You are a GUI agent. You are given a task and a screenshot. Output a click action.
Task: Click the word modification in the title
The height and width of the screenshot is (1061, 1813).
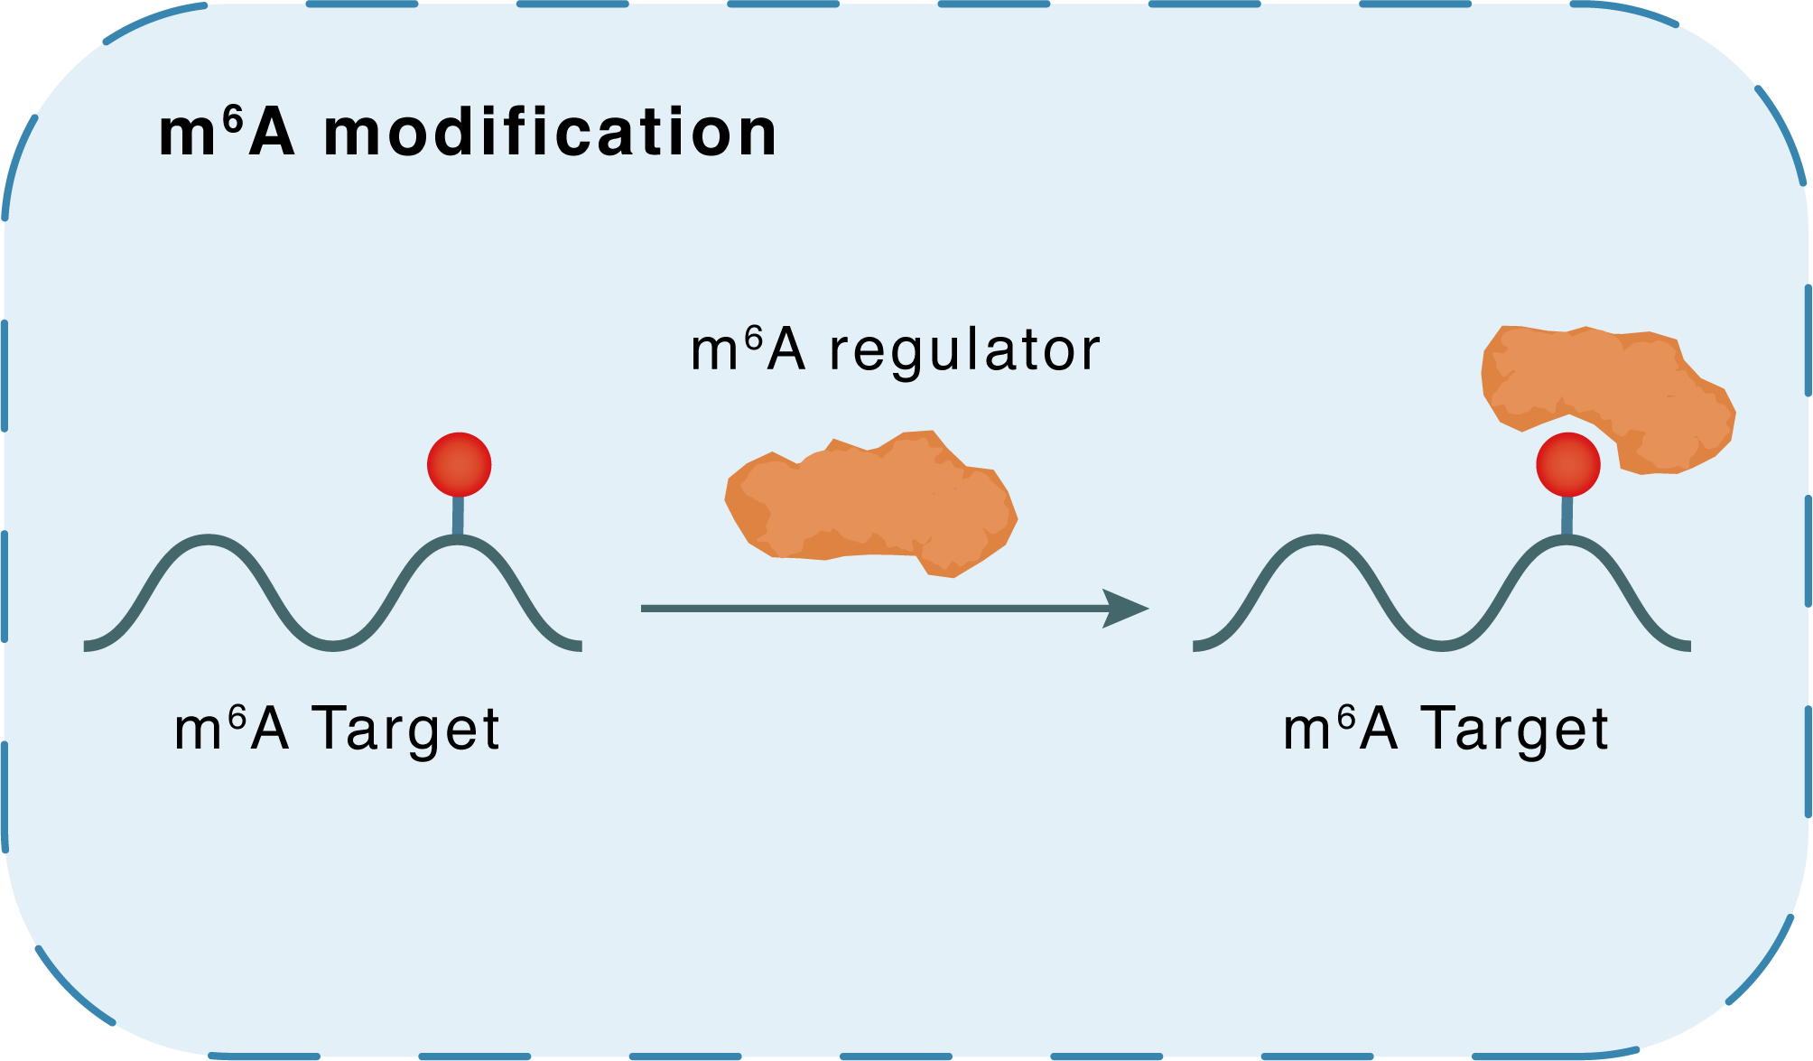click(550, 134)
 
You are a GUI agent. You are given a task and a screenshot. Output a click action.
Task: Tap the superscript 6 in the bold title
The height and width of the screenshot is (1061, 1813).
click(233, 120)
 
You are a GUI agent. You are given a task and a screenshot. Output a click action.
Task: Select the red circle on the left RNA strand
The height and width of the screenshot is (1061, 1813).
click(459, 464)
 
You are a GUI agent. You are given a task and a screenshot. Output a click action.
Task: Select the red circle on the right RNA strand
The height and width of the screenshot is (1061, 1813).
click(1567, 464)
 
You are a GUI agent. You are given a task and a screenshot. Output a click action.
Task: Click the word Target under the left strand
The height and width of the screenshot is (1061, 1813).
click(405, 730)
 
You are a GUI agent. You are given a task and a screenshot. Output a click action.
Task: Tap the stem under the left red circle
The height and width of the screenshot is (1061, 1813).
click(458, 517)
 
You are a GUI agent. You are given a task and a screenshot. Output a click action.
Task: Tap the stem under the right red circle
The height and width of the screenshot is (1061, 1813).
click(1567, 517)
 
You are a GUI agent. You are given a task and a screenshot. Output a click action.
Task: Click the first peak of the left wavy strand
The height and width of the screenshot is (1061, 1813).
click(209, 539)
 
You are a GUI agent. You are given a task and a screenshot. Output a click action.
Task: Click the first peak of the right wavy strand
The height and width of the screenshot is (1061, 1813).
click(1318, 539)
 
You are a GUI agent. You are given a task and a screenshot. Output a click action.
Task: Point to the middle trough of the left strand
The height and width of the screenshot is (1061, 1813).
click(334, 646)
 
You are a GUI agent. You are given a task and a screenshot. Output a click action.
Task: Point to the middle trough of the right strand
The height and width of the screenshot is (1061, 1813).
click(1443, 646)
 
